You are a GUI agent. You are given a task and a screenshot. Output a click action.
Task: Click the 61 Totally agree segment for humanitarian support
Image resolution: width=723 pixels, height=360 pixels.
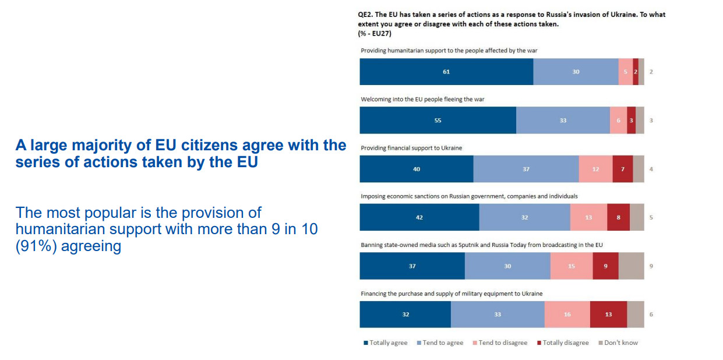click(446, 72)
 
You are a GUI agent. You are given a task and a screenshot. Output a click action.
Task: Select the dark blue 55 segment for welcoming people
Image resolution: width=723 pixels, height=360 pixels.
click(438, 121)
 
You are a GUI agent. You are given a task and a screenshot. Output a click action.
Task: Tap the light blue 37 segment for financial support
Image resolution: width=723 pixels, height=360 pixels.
click(526, 169)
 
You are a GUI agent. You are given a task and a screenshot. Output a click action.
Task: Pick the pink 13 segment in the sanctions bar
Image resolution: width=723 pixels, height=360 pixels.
click(588, 217)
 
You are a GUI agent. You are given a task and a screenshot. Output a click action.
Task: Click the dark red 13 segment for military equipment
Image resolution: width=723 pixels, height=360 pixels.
click(608, 315)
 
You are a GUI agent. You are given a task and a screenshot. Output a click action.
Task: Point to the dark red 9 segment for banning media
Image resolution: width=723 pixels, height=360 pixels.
click(605, 266)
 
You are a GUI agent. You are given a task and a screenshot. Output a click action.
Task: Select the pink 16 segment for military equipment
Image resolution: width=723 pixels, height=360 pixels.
click(567, 315)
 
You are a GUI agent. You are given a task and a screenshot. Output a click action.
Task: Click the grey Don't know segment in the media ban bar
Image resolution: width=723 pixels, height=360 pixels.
click(631, 266)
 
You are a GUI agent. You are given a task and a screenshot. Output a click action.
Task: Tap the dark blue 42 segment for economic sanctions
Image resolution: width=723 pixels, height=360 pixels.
click(419, 217)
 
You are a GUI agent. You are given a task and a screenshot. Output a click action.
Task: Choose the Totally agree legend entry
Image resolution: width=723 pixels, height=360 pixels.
click(385, 343)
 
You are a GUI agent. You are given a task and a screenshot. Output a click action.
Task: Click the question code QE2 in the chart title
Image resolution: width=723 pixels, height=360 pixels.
click(365, 15)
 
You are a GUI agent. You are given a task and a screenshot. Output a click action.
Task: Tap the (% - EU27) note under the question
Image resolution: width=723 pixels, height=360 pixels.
click(375, 34)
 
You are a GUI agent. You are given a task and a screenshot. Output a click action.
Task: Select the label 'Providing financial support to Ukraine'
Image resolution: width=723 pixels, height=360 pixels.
click(411, 148)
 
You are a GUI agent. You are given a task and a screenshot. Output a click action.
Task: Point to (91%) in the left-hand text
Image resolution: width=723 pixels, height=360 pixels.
click(36, 246)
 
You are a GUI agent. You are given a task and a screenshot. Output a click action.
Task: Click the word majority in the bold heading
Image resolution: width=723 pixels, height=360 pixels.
click(90, 145)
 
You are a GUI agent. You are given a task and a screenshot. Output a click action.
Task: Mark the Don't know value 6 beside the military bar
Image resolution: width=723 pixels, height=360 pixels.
click(651, 315)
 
